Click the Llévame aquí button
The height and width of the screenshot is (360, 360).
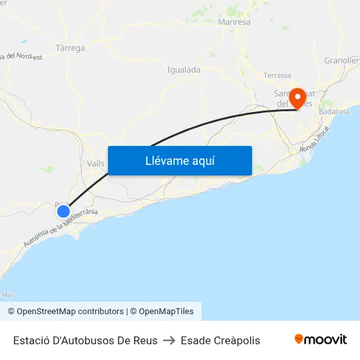point(179,160)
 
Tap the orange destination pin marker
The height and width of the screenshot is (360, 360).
point(298,98)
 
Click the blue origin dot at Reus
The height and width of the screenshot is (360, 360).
point(63,211)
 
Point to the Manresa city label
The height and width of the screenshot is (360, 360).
point(234,22)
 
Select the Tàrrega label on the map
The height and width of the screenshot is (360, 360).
point(70,48)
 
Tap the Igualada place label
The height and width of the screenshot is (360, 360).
point(183,69)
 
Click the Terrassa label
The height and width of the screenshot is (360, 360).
point(277,75)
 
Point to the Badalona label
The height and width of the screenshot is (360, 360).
point(334,112)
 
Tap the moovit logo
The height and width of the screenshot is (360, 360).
point(321,339)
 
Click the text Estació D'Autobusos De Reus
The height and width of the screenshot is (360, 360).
point(85,340)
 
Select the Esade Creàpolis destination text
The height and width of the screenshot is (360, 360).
point(221,340)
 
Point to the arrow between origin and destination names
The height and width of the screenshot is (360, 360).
point(169,340)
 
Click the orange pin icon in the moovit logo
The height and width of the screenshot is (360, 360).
point(299,339)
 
